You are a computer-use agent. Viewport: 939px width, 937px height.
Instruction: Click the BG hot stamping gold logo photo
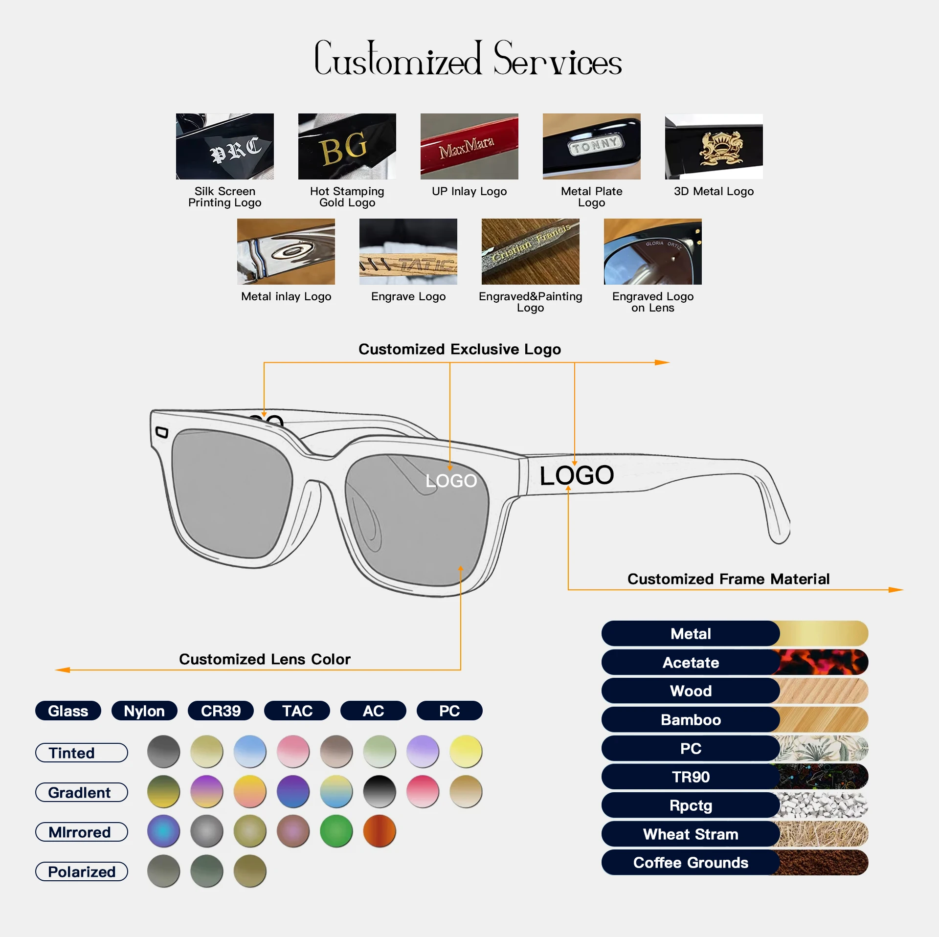pos(347,146)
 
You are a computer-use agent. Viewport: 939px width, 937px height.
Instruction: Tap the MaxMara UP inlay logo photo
pos(469,146)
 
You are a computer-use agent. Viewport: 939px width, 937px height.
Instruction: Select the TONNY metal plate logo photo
pos(591,146)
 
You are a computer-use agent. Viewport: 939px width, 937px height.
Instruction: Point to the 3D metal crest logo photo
pos(714,146)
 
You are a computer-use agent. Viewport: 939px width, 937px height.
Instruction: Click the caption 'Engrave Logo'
pos(408,296)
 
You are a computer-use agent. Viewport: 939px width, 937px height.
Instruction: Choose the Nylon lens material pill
pos(144,711)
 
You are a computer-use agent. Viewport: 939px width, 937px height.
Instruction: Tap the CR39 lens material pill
pos(221,711)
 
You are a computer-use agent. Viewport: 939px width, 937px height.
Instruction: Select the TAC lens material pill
pos(297,711)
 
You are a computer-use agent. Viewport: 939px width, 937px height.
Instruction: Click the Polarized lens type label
pos(82,871)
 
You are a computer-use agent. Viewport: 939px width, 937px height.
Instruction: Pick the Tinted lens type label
pos(82,753)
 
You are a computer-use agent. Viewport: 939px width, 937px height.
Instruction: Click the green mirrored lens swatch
pos(336,831)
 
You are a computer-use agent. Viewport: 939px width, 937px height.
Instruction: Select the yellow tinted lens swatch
pos(466,751)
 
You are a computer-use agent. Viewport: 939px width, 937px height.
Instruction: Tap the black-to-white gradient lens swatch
pos(379,791)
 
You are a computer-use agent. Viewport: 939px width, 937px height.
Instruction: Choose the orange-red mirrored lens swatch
pos(379,831)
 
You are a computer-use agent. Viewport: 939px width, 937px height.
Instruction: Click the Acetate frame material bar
pos(735,663)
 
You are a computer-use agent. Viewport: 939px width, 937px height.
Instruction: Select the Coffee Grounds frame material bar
pos(735,863)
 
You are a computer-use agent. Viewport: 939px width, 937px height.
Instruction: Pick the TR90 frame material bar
pos(735,777)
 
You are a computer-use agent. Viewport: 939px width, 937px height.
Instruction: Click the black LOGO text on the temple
pos(577,475)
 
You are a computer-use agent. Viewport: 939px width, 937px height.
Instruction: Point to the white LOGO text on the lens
pos(451,481)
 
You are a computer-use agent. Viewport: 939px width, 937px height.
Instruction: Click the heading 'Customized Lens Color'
pos(265,659)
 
